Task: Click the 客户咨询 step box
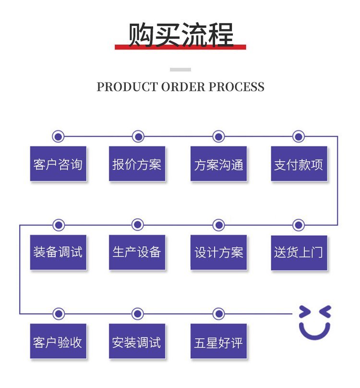click(x=58, y=164)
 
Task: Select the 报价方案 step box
click(x=137, y=164)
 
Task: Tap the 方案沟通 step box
click(x=218, y=164)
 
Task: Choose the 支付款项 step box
click(x=299, y=164)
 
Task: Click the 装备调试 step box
click(x=58, y=252)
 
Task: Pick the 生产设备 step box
click(x=137, y=252)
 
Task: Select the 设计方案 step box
click(x=218, y=252)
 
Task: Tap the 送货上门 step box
click(x=299, y=252)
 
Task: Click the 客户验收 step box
click(x=58, y=341)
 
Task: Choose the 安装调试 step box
click(x=137, y=341)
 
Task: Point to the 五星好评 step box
click(x=218, y=341)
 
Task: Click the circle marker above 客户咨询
click(x=59, y=137)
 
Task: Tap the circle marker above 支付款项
click(x=299, y=137)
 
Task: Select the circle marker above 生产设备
click(x=138, y=224)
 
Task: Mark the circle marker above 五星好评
click(x=219, y=314)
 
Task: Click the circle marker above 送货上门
click(x=299, y=224)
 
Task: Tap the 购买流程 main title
click(x=180, y=35)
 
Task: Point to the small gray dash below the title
click(x=180, y=70)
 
